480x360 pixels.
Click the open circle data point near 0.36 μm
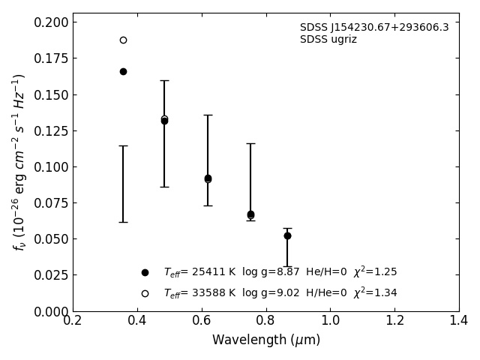point(123,40)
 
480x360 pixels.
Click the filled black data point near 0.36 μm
point(123,71)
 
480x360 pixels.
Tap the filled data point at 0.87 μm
point(287,235)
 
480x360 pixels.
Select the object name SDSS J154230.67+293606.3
point(374,28)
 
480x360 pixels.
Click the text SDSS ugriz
point(328,40)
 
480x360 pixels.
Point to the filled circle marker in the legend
point(145,272)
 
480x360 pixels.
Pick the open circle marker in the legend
point(145,293)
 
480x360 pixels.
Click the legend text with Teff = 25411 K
point(280,272)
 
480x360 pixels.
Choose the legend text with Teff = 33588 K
point(280,293)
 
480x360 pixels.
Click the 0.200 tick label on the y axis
point(50,22)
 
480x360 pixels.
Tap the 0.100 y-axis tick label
point(50,166)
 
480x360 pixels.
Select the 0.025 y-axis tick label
point(50,275)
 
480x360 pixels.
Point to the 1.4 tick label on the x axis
point(459,321)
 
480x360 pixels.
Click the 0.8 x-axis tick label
point(265,321)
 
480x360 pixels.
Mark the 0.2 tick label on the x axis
point(73,321)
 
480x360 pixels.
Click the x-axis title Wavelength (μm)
point(265,340)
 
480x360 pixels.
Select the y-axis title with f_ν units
point(19,161)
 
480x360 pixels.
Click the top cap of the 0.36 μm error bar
point(123,145)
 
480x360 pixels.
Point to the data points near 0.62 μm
point(208,178)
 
